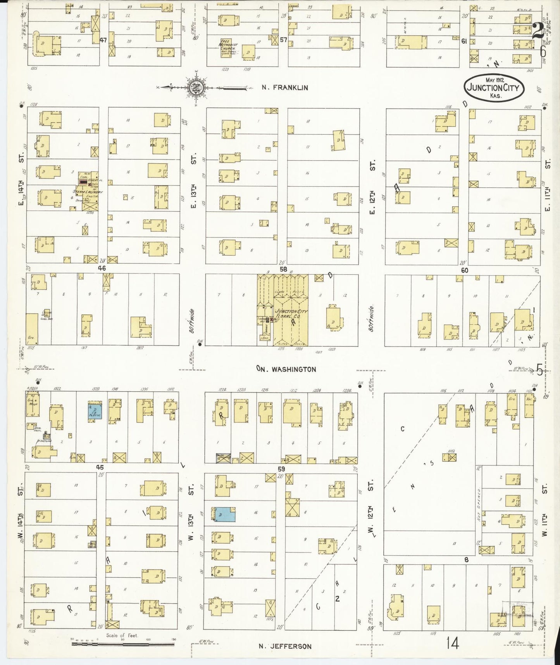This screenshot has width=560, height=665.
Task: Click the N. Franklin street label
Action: coord(285,88)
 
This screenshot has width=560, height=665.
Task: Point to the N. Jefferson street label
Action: coord(285,646)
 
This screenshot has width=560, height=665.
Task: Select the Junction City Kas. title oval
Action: coord(494,88)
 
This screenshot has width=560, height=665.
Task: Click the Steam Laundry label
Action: coord(90,192)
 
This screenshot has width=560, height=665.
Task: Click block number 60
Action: coord(465,270)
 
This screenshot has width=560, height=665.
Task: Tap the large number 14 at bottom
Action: coord(453,643)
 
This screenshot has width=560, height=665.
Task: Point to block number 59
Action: coord(281,468)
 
